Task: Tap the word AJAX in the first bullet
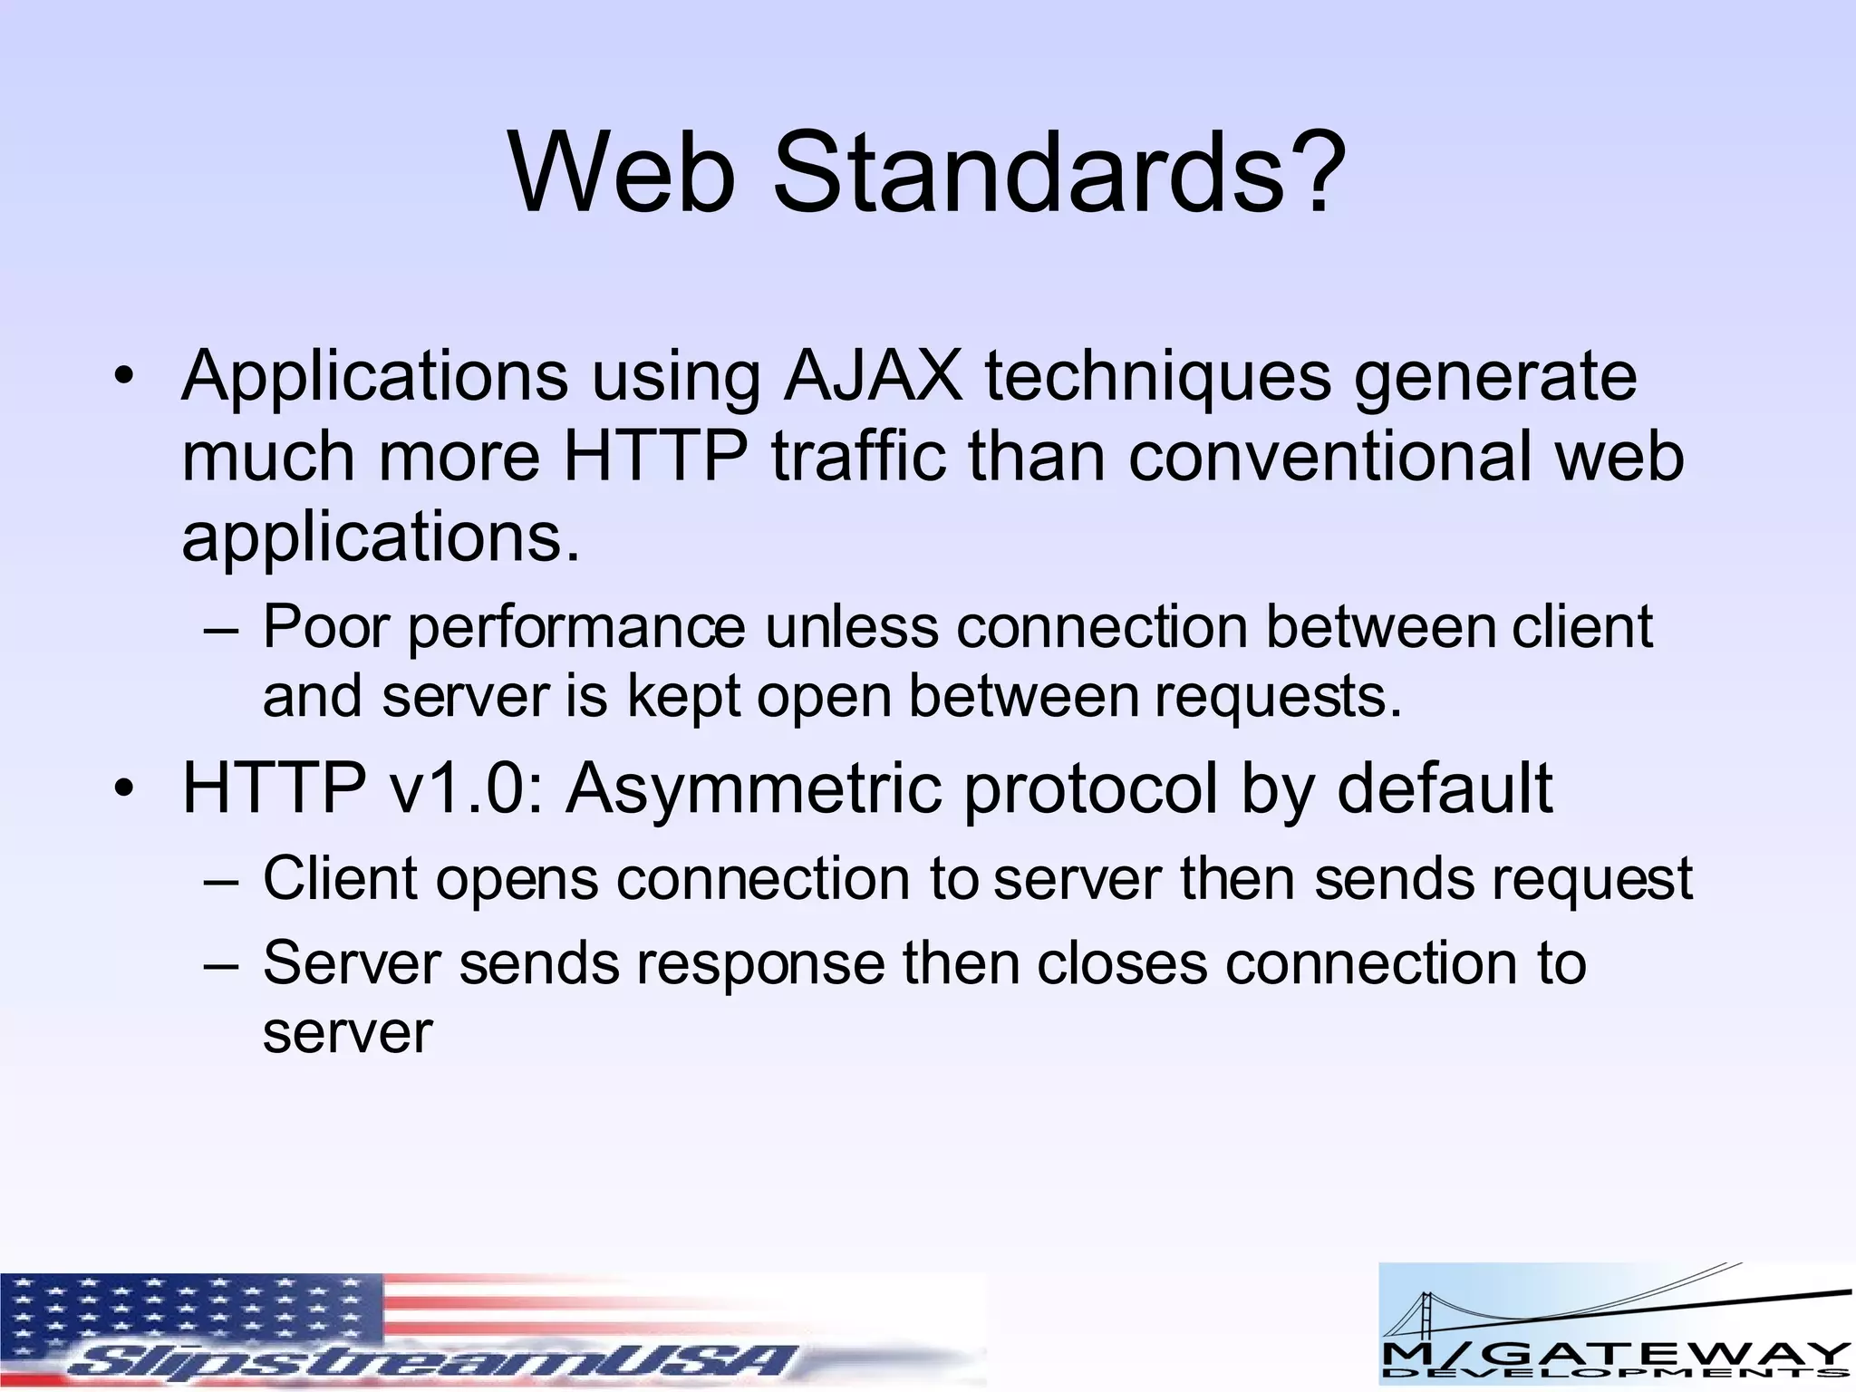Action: (x=872, y=375)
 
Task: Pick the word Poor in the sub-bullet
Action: (x=326, y=626)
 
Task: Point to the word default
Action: (x=1445, y=788)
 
